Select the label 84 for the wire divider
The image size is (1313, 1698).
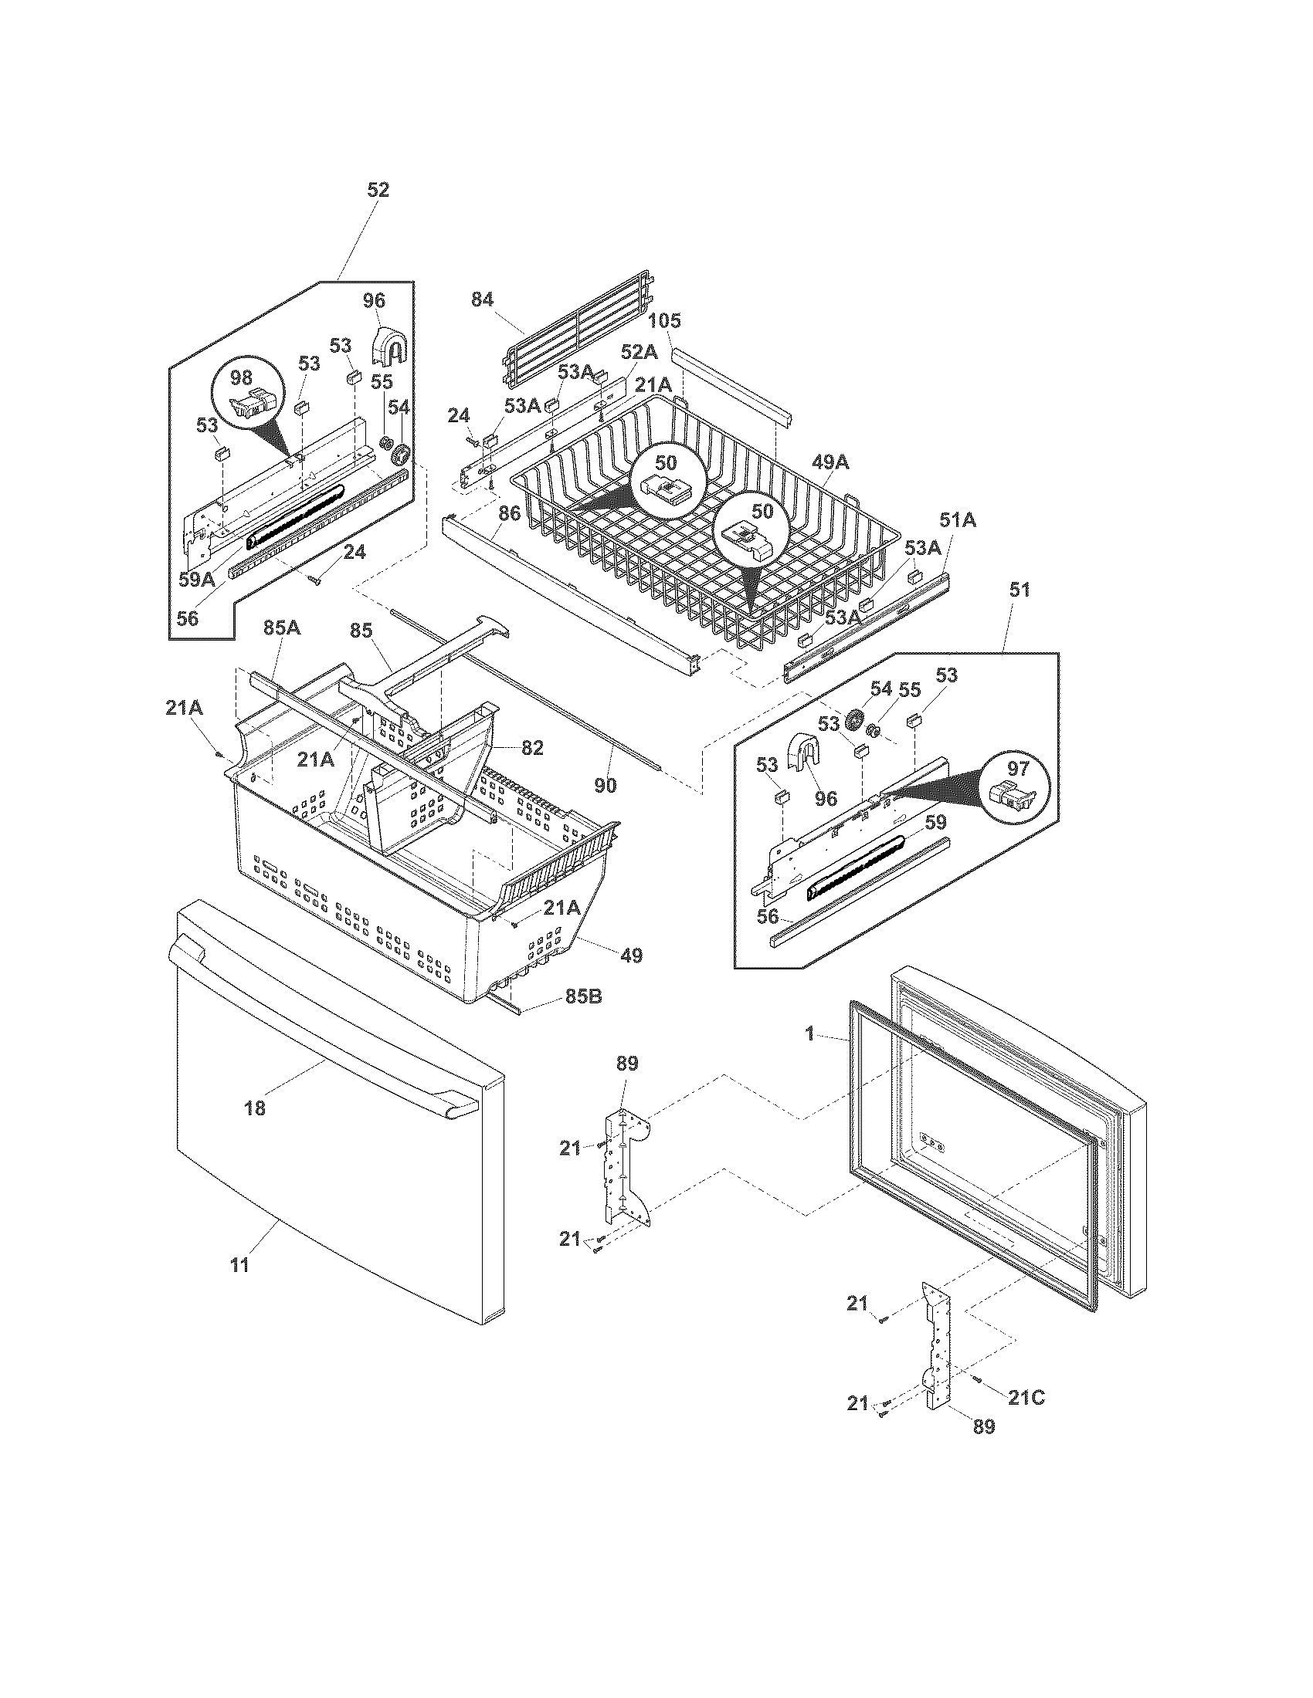pos(481,299)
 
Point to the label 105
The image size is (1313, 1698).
pos(664,321)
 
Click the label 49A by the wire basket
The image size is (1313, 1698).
pos(830,462)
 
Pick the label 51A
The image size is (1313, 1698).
pos(958,520)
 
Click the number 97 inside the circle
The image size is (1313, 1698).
pos(1018,769)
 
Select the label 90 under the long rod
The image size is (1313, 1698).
pos(606,785)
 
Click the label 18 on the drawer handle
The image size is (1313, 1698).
pos(255,1108)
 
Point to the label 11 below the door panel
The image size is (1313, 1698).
pos(240,1265)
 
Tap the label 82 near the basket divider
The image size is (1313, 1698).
pos(532,748)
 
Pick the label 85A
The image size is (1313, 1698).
pos(281,627)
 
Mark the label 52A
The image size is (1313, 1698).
pos(639,352)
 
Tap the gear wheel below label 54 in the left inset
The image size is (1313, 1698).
pos(401,454)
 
